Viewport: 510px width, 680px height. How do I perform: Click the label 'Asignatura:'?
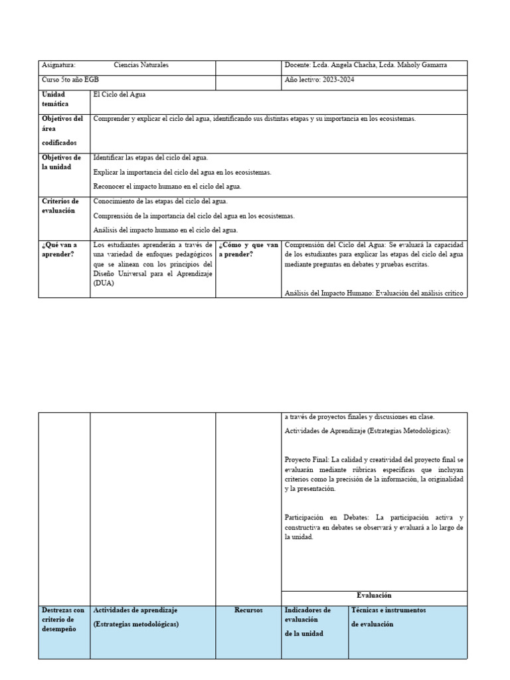[x=58, y=65]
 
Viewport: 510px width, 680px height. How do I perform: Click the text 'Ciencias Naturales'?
[x=141, y=65]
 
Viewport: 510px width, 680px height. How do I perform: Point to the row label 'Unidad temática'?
[x=55, y=100]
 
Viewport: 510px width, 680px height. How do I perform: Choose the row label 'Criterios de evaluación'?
[x=60, y=206]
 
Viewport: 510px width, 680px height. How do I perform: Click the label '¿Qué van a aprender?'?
[x=59, y=249]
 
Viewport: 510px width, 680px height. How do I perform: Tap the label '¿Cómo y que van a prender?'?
[x=248, y=249]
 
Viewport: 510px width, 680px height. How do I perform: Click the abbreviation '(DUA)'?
[x=104, y=283]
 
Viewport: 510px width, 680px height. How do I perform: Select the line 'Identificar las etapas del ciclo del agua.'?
[x=151, y=157]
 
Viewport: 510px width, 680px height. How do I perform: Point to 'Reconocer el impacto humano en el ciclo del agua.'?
[x=167, y=187]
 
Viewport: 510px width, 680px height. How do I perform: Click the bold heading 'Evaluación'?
[x=374, y=596]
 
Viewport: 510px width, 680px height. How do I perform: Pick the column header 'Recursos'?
[x=248, y=610]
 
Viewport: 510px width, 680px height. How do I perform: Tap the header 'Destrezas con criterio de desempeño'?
[x=63, y=619]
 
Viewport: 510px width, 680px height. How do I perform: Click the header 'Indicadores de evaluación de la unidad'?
[x=307, y=621]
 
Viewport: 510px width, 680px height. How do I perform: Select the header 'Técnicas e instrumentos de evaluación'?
[x=388, y=616]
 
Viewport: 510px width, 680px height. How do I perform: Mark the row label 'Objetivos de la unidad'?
[x=61, y=162]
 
